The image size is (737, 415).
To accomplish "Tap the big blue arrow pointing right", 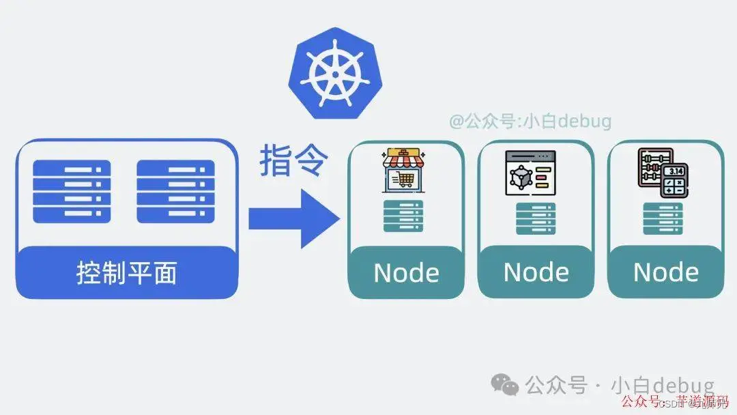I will click(293, 218).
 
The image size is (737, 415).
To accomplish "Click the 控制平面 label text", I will click(127, 272).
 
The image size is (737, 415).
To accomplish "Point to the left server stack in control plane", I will click(72, 191).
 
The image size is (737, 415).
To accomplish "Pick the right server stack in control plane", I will click(175, 191).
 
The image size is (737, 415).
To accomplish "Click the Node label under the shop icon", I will click(406, 273).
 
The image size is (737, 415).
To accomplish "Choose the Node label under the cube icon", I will click(536, 272).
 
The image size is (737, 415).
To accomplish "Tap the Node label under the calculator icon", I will click(665, 272).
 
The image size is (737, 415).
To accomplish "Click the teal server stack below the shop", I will click(403, 216).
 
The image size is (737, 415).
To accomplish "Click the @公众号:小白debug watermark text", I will click(530, 121).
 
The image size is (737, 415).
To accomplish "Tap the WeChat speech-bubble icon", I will click(506, 385).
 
